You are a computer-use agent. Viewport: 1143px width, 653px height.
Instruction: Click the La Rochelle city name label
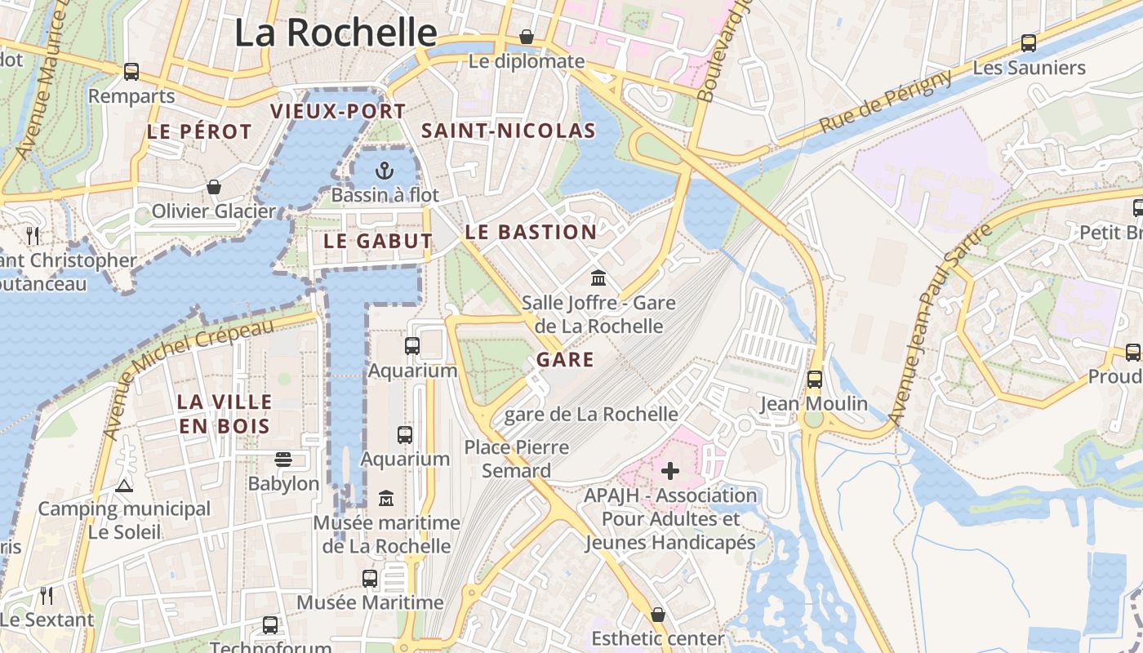(x=336, y=33)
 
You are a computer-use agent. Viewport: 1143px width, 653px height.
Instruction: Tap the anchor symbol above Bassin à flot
(x=384, y=171)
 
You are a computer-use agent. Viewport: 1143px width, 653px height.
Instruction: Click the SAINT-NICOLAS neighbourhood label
(x=508, y=131)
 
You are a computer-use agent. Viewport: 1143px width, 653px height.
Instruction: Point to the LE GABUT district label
(x=377, y=241)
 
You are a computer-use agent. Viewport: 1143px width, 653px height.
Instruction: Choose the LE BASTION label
(x=531, y=232)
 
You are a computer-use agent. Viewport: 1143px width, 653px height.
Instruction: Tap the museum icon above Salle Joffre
(x=598, y=278)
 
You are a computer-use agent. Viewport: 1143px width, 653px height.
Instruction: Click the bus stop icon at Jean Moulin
(x=814, y=380)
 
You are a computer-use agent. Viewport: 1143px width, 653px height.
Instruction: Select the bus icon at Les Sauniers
(x=1028, y=43)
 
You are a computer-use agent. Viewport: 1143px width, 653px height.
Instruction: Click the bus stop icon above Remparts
(x=131, y=72)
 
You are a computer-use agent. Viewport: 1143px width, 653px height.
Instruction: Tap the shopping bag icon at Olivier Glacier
(x=214, y=187)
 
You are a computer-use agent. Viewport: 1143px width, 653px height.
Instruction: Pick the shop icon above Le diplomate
(x=527, y=37)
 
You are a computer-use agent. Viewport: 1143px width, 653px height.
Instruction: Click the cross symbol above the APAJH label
(x=670, y=471)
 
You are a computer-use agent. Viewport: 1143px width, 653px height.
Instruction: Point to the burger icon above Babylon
(x=283, y=460)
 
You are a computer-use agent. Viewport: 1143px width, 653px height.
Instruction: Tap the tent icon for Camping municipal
(x=124, y=486)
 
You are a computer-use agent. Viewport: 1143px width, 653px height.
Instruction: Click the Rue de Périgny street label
(x=885, y=101)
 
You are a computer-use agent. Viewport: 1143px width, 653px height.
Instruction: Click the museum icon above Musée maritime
(x=385, y=498)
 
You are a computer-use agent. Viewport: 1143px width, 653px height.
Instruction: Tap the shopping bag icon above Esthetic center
(x=657, y=614)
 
